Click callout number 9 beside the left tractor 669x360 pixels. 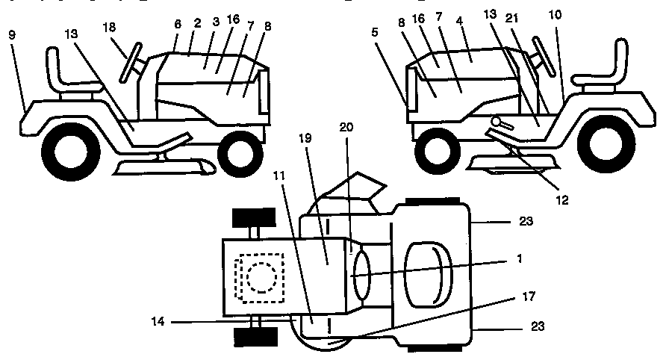pyautogui.click(x=13, y=34)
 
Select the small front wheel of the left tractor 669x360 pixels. pyautogui.click(x=240, y=151)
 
